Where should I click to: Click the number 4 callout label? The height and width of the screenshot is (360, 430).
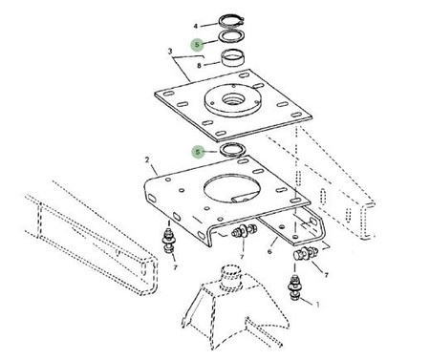coord(196,26)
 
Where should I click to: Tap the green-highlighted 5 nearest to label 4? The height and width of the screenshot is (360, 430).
coord(197,45)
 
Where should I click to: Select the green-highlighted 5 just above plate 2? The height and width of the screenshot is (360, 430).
coord(198,152)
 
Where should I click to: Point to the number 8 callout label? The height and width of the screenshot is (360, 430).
coord(199,66)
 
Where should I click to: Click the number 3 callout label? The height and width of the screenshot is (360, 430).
coord(170,51)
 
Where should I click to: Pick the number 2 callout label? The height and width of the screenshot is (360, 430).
coord(147,159)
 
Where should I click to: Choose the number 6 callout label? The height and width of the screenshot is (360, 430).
coord(269,252)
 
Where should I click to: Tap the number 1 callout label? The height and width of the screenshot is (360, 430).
coord(317,305)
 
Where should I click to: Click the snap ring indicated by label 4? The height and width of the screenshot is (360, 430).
coord(231,20)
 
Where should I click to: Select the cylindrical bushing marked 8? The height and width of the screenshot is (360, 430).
coord(232,58)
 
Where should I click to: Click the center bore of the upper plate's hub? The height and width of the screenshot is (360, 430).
coord(233,100)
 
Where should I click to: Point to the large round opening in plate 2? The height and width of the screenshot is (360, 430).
coord(231,188)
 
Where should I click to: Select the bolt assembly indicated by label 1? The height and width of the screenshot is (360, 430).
coord(294,287)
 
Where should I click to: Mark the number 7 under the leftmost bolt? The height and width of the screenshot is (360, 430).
coord(175,267)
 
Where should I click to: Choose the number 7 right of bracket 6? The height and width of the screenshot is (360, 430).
coord(326,275)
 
